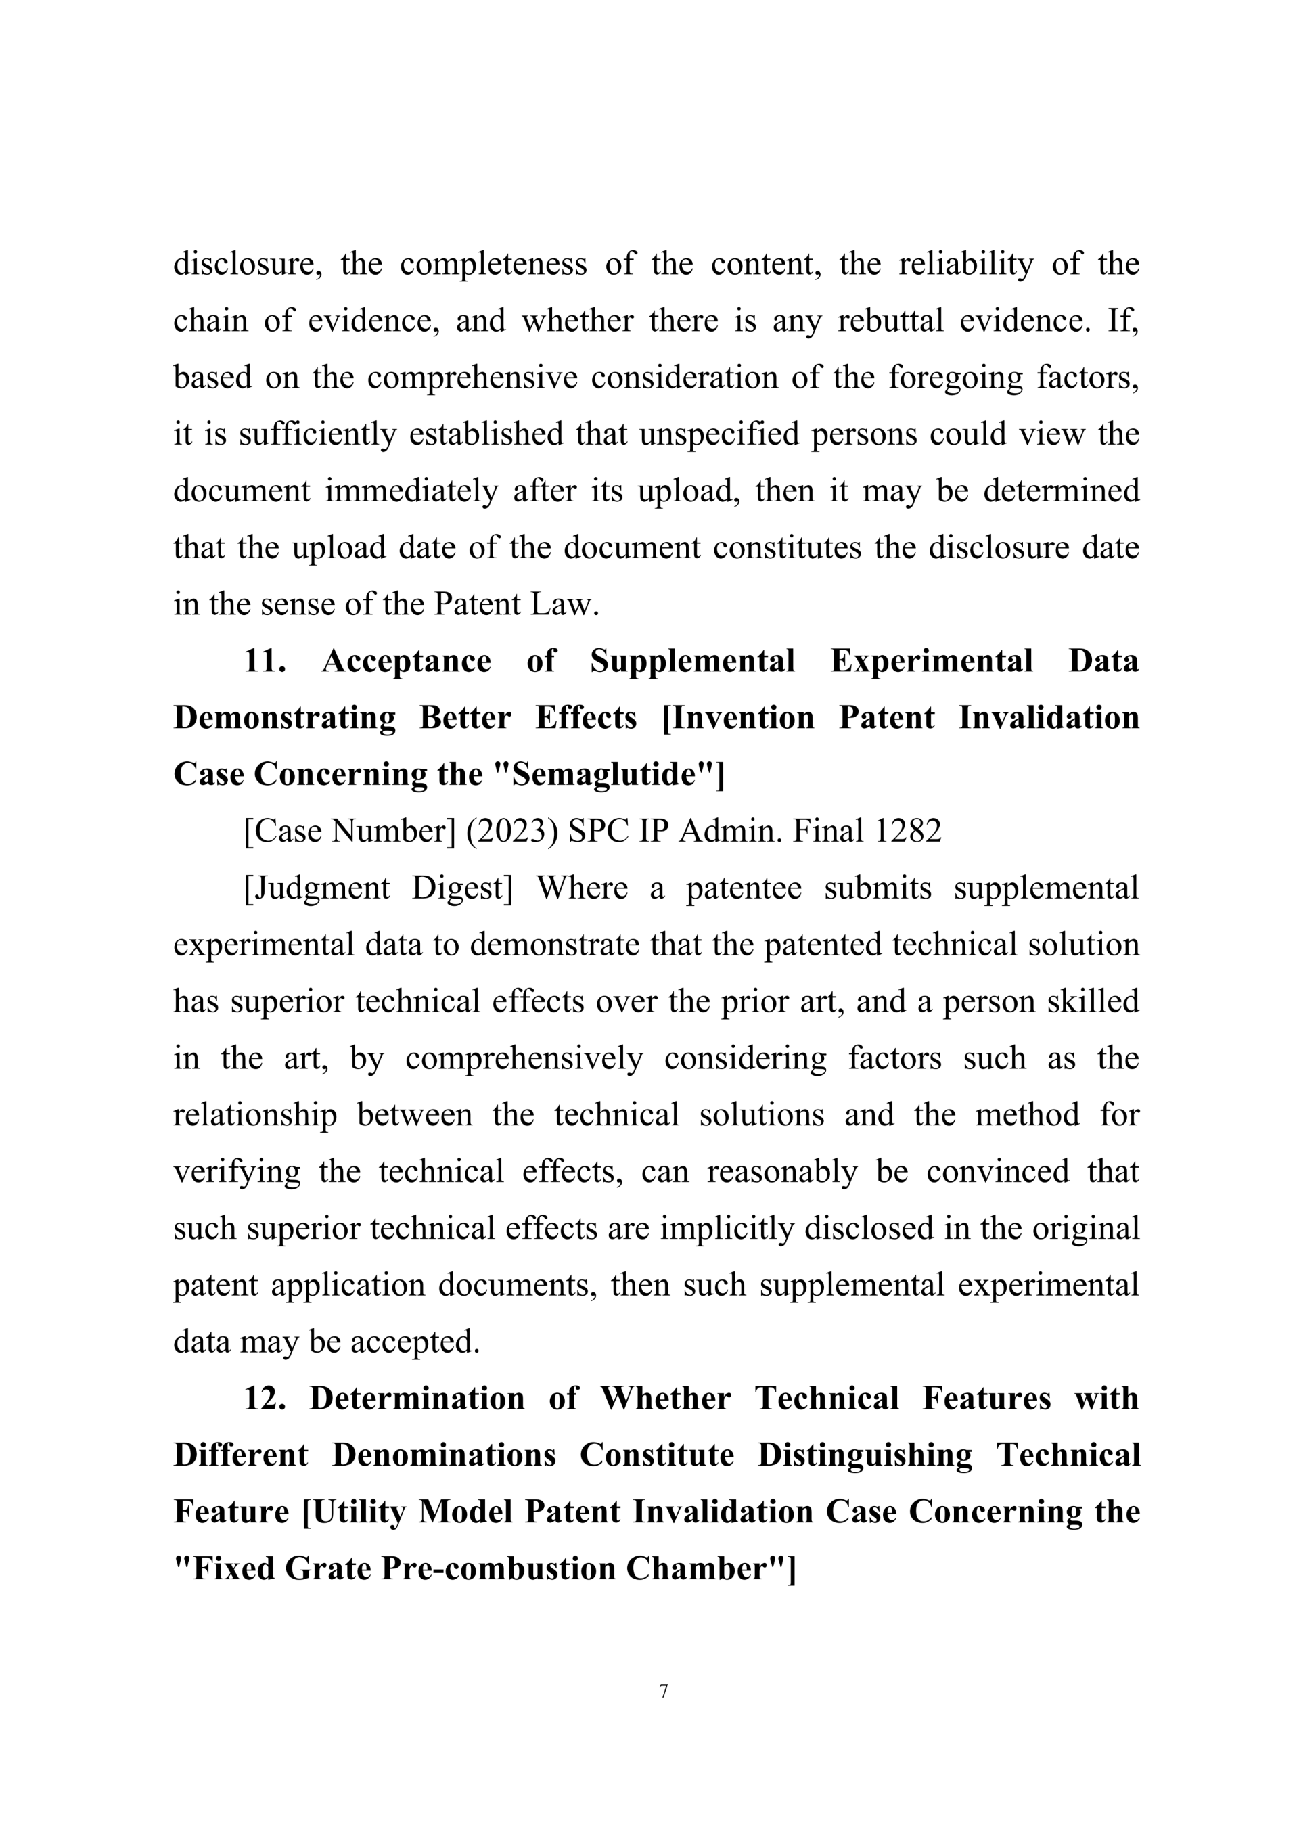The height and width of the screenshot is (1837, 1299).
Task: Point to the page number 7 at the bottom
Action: pyautogui.click(x=663, y=1692)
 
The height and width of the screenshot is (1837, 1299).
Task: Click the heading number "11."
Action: pyautogui.click(x=265, y=661)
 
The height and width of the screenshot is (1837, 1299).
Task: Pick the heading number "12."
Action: pyautogui.click(x=265, y=1399)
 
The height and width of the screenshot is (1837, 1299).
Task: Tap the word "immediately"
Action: pyautogui.click(x=411, y=491)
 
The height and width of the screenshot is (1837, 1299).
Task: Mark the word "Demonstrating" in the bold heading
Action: pyautogui.click(x=285, y=718)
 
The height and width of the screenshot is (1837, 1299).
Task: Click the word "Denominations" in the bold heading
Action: pyautogui.click(x=444, y=1455)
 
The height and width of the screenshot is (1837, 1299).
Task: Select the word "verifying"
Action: pyautogui.click(x=237, y=1172)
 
